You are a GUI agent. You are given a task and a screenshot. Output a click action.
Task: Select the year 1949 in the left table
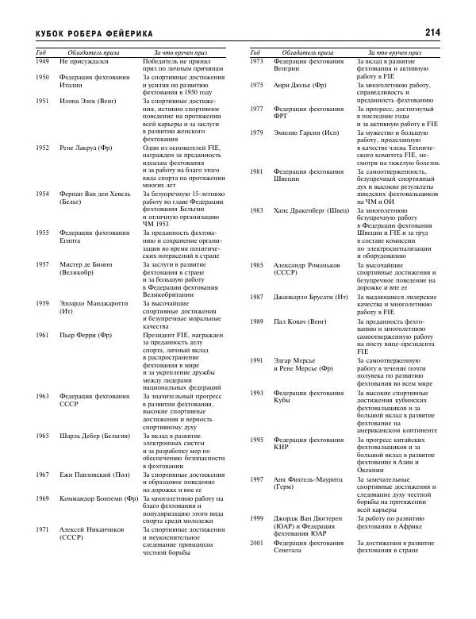pos(43,61)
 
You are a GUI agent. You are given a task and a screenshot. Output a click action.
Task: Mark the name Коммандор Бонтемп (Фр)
pos(99,498)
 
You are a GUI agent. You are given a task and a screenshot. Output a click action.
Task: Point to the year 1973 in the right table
pos(257,61)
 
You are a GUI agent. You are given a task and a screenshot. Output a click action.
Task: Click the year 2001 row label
pos(257,543)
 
